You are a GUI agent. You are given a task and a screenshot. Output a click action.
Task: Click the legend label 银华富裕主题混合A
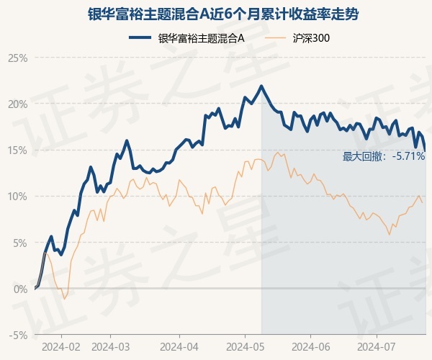click(x=202, y=38)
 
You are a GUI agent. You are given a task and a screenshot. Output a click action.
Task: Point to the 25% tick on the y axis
click(x=17, y=58)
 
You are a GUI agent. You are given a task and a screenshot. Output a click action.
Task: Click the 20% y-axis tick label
click(x=17, y=104)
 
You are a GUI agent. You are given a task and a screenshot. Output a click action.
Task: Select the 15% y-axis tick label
click(x=17, y=150)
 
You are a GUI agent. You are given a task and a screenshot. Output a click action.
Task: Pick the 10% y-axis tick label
click(x=17, y=196)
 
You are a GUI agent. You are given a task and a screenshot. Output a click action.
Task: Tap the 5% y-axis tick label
click(x=19, y=243)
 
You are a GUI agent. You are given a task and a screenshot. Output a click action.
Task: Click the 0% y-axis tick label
click(x=19, y=289)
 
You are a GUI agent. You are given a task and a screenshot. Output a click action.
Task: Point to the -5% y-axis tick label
click(x=18, y=335)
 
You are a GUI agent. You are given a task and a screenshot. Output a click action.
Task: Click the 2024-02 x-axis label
click(x=61, y=346)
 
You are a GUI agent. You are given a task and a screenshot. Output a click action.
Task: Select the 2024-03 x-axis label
click(x=109, y=346)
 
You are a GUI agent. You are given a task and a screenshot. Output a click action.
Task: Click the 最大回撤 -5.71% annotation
click(x=383, y=156)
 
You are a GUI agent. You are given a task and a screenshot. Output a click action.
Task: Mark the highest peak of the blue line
click(x=261, y=86)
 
